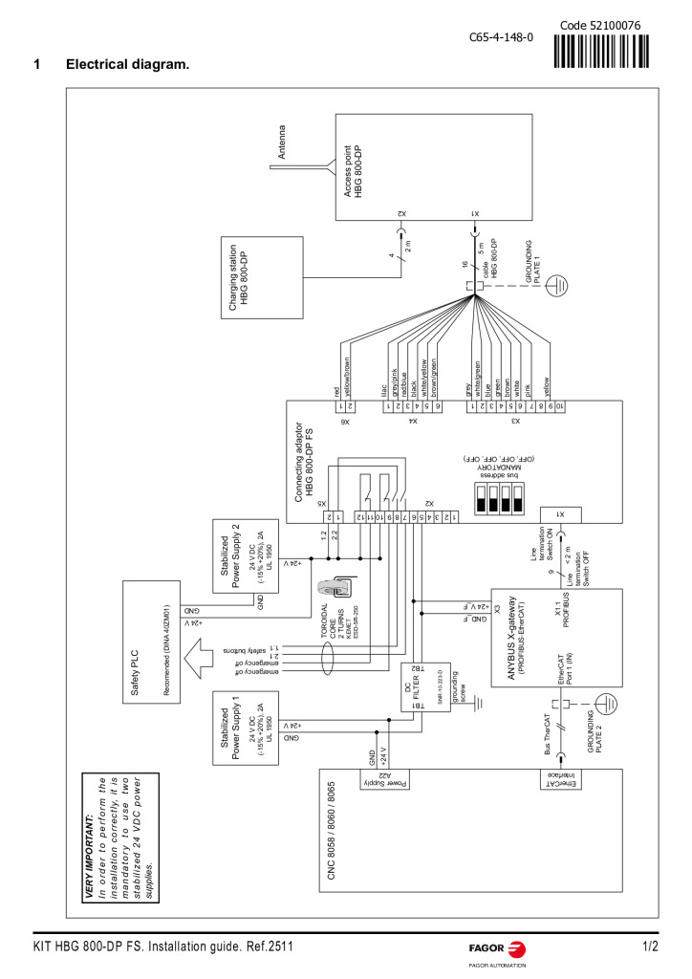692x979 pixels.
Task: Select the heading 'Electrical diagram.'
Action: (x=127, y=65)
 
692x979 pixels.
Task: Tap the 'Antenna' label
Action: (x=281, y=142)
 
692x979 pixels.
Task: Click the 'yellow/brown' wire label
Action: (x=349, y=377)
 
